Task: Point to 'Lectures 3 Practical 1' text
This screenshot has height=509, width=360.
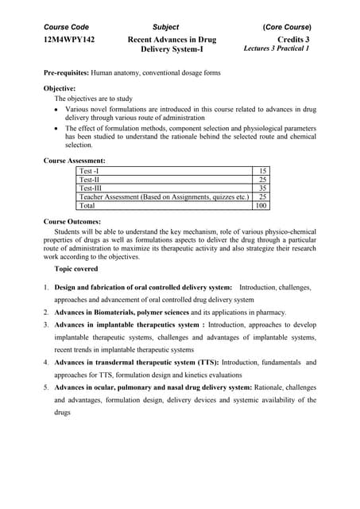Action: pos(277,49)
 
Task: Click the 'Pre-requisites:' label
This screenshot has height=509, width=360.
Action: pos(66,72)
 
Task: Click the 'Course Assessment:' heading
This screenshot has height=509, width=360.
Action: pos(75,161)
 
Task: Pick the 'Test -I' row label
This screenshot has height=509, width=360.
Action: pos(89,171)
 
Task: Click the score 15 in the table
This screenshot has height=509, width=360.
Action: pos(263,171)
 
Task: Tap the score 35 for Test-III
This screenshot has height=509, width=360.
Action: pos(263,188)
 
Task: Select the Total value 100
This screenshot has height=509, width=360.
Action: pos(261,205)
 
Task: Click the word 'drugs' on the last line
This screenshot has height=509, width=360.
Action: pos(63,413)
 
